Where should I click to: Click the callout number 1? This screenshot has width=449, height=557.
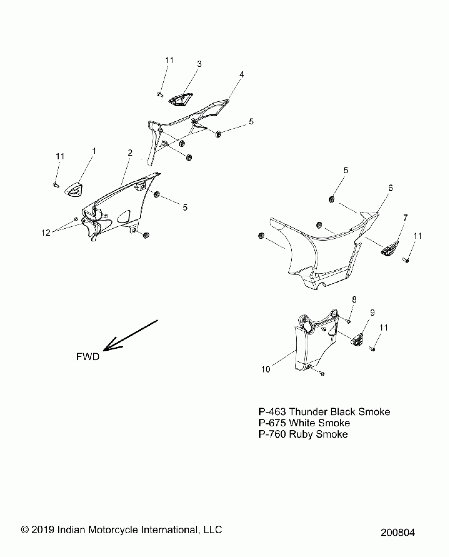click(x=94, y=151)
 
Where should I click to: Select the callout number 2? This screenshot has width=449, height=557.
click(x=130, y=153)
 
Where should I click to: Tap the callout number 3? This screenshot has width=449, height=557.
click(x=199, y=64)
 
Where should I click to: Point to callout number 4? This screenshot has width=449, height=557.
click(x=242, y=74)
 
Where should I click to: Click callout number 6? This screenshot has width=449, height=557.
click(x=390, y=188)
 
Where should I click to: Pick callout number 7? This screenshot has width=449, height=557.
click(x=405, y=218)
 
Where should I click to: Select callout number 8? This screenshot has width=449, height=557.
click(x=354, y=299)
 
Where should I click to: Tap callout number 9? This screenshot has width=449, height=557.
click(x=372, y=313)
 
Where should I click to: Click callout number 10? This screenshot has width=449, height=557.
click(x=266, y=369)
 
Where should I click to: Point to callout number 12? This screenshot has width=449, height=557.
click(x=46, y=233)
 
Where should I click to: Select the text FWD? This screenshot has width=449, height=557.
click(x=88, y=357)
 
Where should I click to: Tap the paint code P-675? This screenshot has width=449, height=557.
click(x=272, y=423)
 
